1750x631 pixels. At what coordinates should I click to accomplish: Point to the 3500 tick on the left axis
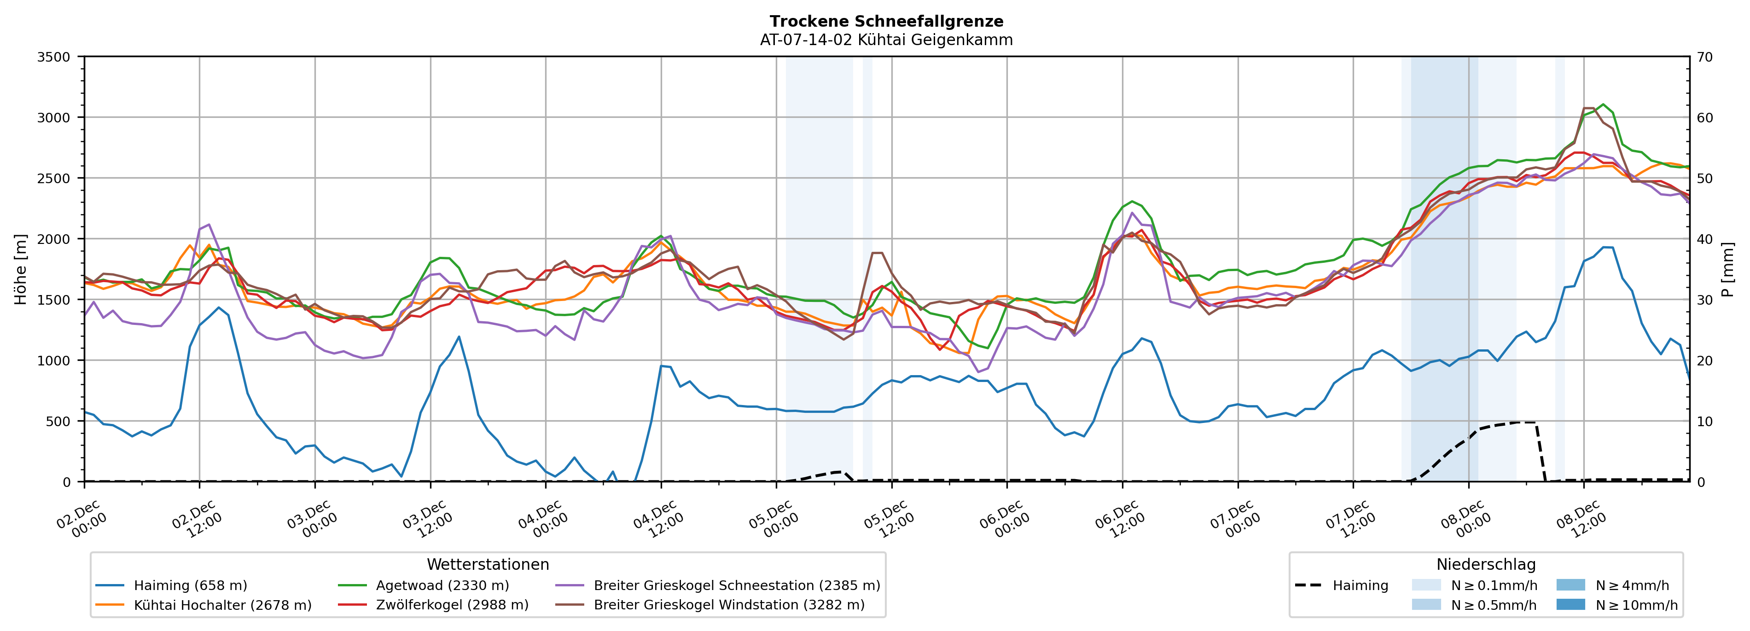[x=54, y=57]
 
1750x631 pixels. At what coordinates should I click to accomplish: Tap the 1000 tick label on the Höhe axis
[x=54, y=361]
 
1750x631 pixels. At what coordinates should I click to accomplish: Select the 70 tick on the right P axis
[x=1704, y=57]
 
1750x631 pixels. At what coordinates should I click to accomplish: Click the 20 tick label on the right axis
[x=1704, y=361]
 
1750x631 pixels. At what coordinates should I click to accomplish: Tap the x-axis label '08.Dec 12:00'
[x=1581, y=520]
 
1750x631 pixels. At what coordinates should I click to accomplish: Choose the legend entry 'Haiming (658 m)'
[x=190, y=585]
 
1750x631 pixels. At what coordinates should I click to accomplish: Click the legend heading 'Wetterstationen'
[x=488, y=564]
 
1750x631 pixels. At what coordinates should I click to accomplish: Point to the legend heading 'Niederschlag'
[x=1486, y=564]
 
